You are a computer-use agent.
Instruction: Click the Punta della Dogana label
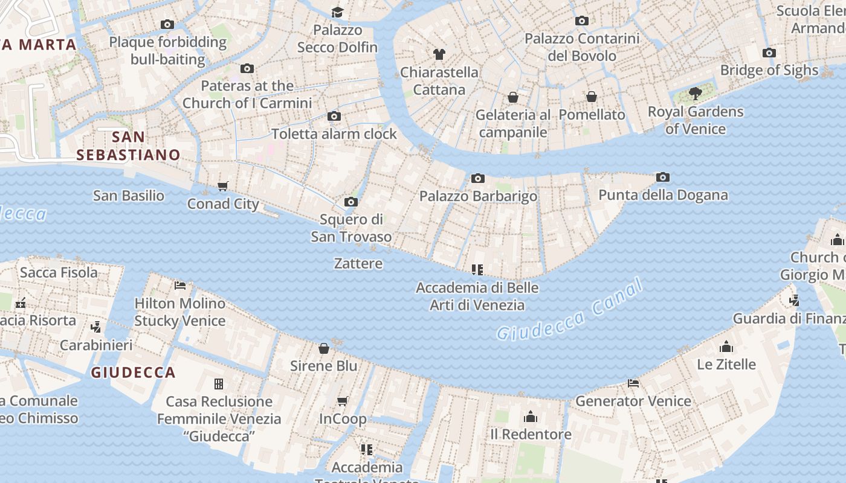coord(663,195)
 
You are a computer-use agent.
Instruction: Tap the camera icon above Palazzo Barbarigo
coord(477,178)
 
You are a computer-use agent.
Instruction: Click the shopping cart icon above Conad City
coord(223,186)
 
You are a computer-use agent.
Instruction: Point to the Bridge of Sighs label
coord(769,70)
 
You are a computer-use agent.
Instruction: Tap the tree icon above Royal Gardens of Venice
coord(695,94)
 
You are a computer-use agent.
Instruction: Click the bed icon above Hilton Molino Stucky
coord(179,285)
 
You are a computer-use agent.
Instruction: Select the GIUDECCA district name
coord(133,373)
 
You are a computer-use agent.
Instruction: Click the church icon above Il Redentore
coord(531,417)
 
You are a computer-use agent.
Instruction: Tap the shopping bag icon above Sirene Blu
coord(324,348)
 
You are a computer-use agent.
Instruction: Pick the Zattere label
coord(358,263)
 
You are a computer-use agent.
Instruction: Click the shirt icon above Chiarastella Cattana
coord(439,54)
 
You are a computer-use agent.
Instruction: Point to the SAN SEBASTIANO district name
coord(128,146)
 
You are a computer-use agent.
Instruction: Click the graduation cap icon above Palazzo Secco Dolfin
coord(337,12)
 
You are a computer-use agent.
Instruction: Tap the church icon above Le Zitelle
coord(726,347)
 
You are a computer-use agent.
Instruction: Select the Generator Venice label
coord(633,401)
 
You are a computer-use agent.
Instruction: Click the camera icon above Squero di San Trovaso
coord(350,202)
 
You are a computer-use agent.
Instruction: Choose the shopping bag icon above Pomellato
coord(592,97)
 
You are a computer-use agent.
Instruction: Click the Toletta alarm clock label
coord(334,133)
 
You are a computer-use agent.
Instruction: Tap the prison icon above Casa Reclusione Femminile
coord(219,383)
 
